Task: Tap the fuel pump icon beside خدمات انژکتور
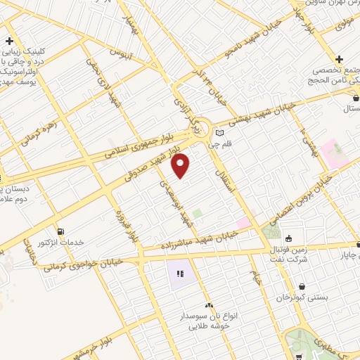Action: tap(60, 231)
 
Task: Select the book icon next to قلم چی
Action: tap(219, 133)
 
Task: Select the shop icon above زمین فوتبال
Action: tap(288, 237)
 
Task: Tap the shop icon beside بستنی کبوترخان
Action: tap(302, 287)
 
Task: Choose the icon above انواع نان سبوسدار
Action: tap(208, 306)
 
